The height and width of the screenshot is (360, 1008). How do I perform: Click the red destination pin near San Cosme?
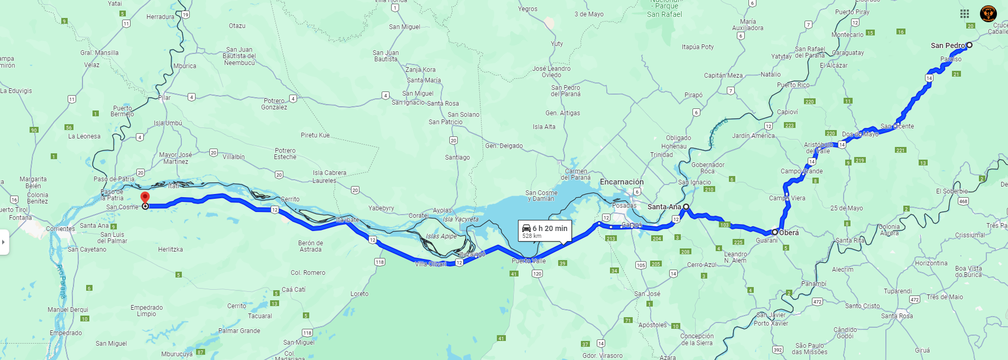click(x=145, y=198)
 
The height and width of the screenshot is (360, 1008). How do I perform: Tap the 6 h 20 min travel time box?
click(x=545, y=231)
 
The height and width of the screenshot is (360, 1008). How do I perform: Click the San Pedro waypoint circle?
click(x=969, y=45)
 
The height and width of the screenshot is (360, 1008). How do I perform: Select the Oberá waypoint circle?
click(x=775, y=232)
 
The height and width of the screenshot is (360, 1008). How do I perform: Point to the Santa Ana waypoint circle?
click(x=686, y=207)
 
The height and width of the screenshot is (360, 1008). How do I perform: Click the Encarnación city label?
click(x=622, y=182)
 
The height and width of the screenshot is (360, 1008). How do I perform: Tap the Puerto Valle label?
click(x=529, y=261)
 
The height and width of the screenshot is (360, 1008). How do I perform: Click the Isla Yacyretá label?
click(x=460, y=219)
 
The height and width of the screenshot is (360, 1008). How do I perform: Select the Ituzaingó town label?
click(x=471, y=254)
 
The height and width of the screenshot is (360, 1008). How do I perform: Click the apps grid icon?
click(x=965, y=14)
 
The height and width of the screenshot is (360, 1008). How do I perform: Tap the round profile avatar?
click(x=988, y=14)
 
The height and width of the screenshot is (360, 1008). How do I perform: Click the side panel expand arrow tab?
click(x=4, y=242)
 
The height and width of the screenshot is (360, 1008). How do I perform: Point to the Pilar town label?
click(x=164, y=98)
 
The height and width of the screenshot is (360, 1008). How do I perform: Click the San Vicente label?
click(x=897, y=126)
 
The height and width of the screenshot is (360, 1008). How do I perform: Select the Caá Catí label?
click(x=293, y=290)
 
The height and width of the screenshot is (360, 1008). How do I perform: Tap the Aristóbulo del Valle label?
click(x=818, y=148)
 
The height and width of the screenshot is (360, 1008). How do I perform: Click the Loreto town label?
click(x=359, y=294)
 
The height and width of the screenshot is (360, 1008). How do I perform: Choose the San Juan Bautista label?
click(x=386, y=56)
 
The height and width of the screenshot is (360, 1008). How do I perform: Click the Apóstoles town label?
click(x=652, y=325)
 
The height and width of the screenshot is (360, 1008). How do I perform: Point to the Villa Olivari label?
click(x=430, y=264)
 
